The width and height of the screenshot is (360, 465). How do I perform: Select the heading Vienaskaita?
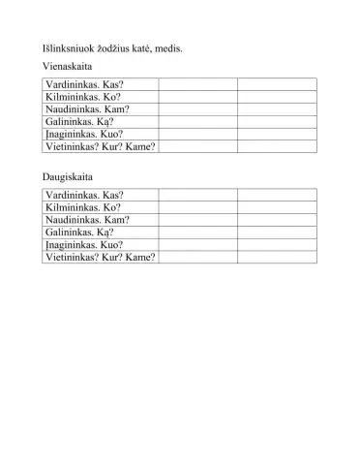(68, 68)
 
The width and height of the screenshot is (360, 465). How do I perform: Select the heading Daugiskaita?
(67, 177)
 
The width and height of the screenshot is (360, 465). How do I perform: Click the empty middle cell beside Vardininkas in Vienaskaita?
(197, 85)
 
